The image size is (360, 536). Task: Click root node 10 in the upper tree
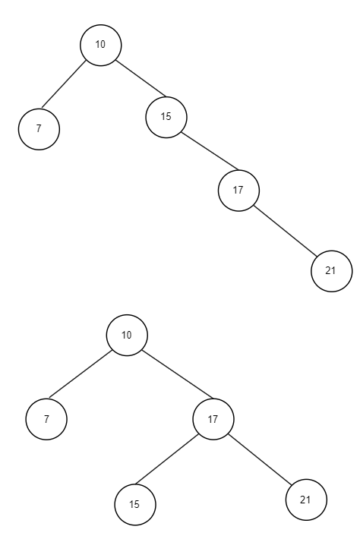(x=101, y=45)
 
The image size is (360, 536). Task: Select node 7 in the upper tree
(x=39, y=129)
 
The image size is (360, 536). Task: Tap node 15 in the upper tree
(x=166, y=117)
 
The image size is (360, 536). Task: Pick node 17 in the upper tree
(x=239, y=191)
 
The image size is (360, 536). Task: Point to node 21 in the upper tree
(x=332, y=271)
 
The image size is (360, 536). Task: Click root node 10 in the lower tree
(x=127, y=336)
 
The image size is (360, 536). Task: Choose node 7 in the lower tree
(x=46, y=419)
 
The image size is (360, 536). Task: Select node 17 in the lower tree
(x=213, y=419)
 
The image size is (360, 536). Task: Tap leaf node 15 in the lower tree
(x=135, y=505)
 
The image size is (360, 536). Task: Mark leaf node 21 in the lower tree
(x=306, y=500)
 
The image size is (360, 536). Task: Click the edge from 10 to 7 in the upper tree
(x=64, y=84)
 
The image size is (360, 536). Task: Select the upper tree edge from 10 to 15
(x=141, y=78)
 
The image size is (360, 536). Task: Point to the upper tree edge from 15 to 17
(x=210, y=151)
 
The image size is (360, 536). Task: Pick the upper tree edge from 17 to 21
(x=286, y=231)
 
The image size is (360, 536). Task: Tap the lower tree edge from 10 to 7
(x=81, y=374)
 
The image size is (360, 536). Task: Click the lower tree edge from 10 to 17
(x=178, y=374)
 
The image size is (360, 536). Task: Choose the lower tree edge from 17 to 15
(x=167, y=459)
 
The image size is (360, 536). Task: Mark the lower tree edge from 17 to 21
(x=261, y=459)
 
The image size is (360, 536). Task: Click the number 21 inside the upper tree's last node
(x=330, y=271)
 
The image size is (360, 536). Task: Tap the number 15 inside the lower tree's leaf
(x=134, y=504)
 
